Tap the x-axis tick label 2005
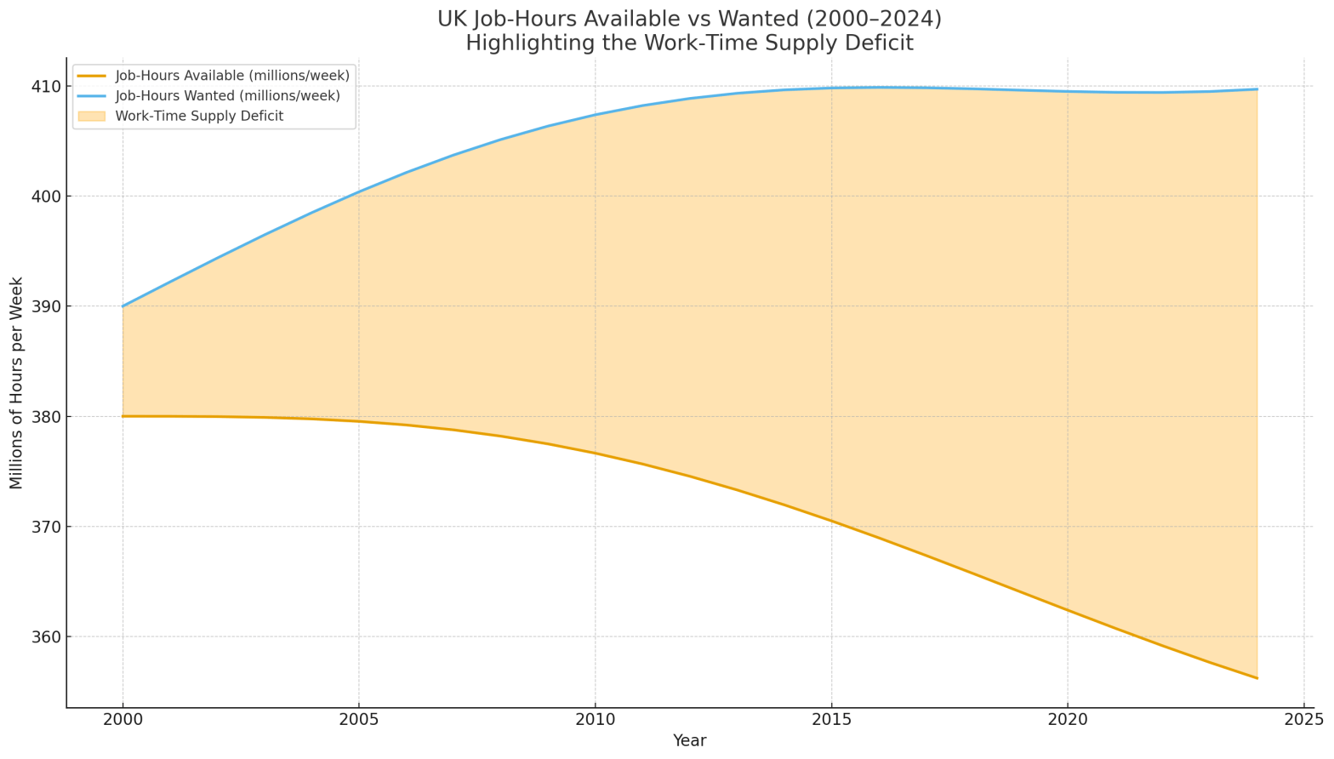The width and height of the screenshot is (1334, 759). point(358,721)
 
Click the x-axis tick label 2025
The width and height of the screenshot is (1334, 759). point(1303,721)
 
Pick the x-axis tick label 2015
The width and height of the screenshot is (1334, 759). point(831,721)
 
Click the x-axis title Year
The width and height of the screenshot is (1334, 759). point(689,741)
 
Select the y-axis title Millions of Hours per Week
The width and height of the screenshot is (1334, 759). point(17,383)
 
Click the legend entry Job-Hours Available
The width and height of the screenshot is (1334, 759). point(232,76)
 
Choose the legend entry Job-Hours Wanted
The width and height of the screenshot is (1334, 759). point(227,96)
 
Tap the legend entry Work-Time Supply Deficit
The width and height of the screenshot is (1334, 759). point(199,116)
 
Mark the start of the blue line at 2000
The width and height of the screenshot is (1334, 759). point(123,306)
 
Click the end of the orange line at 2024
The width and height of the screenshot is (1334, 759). point(1257,678)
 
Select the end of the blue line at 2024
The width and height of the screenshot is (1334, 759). point(1257,89)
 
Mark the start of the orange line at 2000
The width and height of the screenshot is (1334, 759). point(123,416)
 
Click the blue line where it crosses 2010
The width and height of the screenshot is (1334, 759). point(595,115)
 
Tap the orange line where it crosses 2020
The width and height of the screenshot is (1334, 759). point(1068,610)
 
